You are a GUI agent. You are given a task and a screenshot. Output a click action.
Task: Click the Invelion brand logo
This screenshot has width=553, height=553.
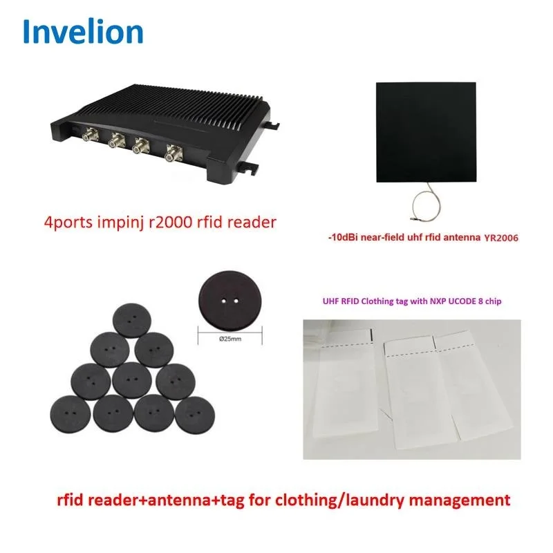83,31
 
